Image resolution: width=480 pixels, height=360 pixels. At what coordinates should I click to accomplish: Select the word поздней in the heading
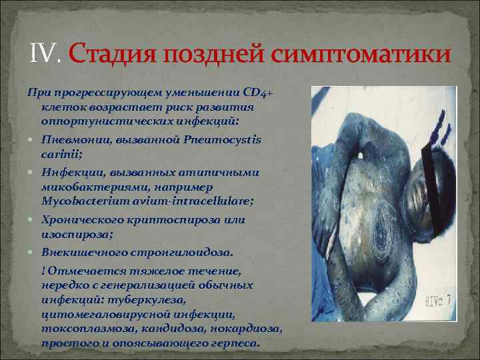tap(214, 53)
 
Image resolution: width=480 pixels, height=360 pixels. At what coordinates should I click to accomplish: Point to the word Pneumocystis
tap(228, 140)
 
